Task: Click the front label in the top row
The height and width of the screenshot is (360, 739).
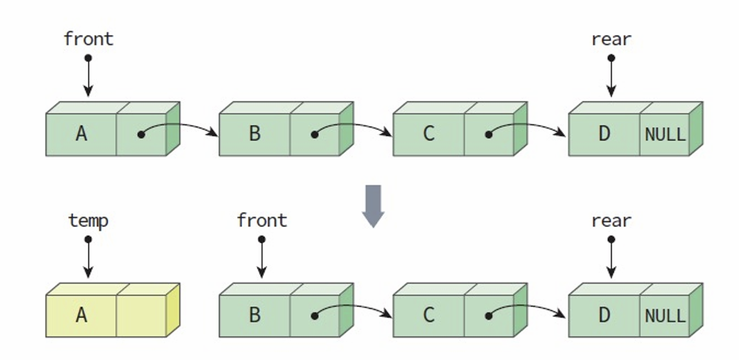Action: [x=89, y=39]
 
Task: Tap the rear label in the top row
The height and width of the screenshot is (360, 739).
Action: [x=611, y=39]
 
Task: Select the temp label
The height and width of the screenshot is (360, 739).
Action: [x=88, y=220]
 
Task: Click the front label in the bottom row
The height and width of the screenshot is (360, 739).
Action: [x=262, y=220]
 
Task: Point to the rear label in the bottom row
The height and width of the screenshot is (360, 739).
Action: [x=611, y=220]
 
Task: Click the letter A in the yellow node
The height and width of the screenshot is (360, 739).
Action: [x=81, y=315]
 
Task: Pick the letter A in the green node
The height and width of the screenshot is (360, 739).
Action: [x=81, y=134]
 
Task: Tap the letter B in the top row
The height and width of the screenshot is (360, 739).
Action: [x=254, y=134]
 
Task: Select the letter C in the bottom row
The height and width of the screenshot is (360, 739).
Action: [x=428, y=315]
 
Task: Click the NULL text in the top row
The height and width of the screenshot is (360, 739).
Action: [x=665, y=135]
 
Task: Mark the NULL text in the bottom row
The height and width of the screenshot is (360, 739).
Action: [x=665, y=316]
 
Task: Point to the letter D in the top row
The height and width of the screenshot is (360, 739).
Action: [x=604, y=134]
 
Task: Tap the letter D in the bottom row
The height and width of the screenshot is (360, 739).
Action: [x=604, y=315]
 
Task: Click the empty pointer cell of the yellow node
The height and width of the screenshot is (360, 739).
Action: [x=141, y=316]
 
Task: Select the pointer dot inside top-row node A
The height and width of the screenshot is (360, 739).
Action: [x=141, y=134]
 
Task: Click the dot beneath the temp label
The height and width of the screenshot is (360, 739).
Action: [x=88, y=239]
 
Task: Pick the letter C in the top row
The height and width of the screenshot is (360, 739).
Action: [x=428, y=134]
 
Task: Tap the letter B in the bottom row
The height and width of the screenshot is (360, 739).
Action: [x=254, y=315]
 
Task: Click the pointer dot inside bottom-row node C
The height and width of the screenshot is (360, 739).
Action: [x=489, y=316]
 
